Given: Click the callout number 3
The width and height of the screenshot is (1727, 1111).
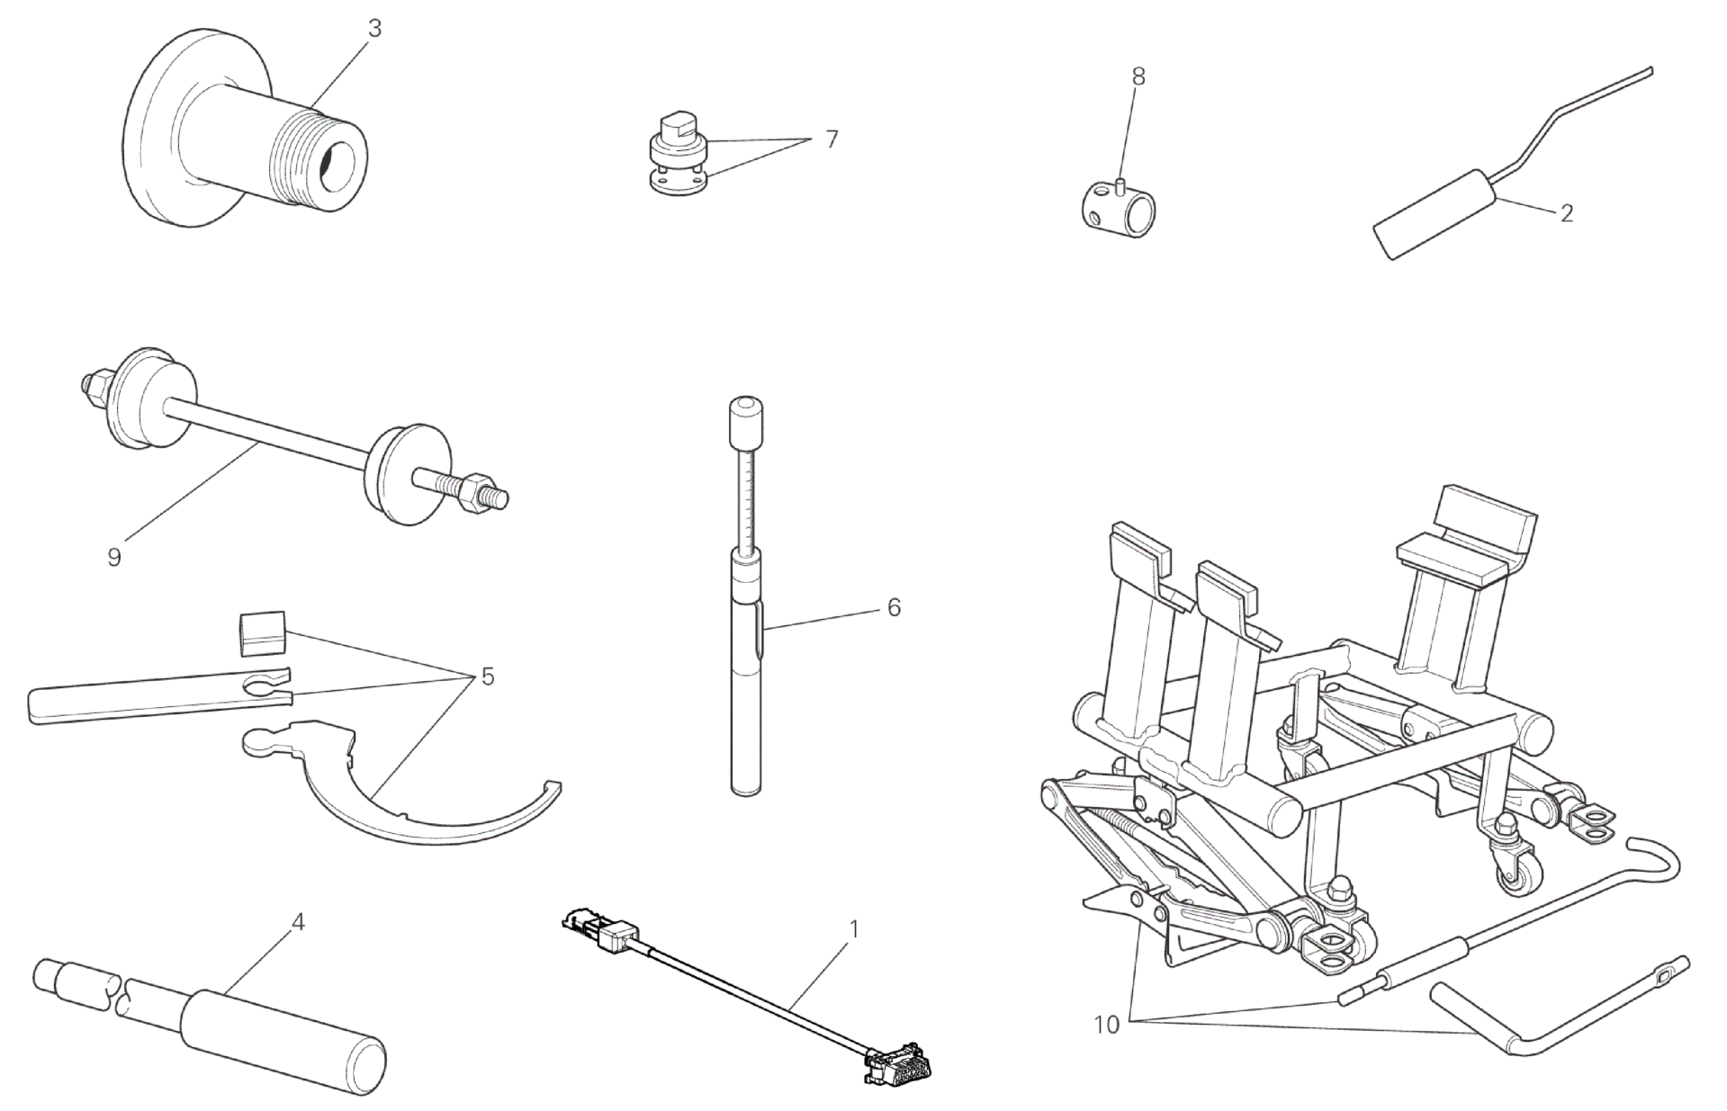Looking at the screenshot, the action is coord(374,29).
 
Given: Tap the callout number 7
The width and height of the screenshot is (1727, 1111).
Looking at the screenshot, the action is coord(832,139).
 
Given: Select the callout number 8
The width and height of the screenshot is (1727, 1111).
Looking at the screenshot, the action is coord(1138,76).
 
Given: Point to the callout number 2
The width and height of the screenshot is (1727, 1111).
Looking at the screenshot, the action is coord(1567,213).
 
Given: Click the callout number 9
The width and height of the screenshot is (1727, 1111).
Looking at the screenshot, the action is coord(114,558).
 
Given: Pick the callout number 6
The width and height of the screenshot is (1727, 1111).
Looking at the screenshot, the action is coord(894,608).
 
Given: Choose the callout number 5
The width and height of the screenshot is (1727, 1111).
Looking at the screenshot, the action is coord(488,676).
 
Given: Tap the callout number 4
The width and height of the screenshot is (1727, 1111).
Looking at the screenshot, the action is coord(299,922).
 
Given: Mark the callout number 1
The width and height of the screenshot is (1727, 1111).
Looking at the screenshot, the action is coord(854,928).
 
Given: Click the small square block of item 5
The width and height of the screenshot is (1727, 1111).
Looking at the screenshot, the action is coord(262,632).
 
